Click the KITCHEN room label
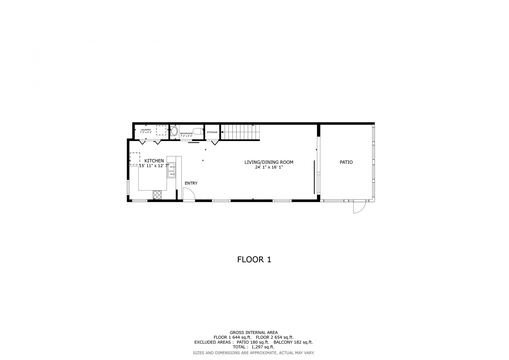tap(154, 161)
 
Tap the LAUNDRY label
tap(146, 130)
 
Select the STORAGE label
tap(212, 132)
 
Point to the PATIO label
tap(346, 162)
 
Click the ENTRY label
tap(191, 183)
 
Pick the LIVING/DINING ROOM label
tap(269, 162)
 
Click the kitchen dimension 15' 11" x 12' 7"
tap(154, 166)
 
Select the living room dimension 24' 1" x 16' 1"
tap(269, 167)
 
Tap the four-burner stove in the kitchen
tap(157, 195)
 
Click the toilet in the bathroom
tap(197, 131)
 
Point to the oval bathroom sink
tap(174, 131)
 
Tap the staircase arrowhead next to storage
tap(222, 132)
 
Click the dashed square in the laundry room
tap(161, 130)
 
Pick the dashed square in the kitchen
tap(135, 159)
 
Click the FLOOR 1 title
tap(254, 260)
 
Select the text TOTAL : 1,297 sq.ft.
tap(253, 347)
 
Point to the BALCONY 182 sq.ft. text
tap(293, 342)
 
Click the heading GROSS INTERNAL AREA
tap(254, 333)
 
